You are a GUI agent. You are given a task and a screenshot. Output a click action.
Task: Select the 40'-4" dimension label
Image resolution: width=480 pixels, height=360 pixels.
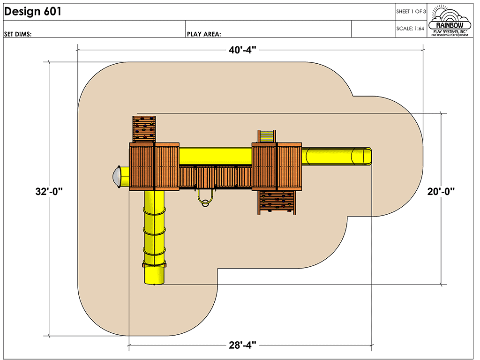pos(243,50)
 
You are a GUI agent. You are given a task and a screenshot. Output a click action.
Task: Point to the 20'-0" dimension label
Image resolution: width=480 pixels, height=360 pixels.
pos(441,191)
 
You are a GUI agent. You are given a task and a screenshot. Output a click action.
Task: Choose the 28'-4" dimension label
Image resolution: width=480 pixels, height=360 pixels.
pos(242,346)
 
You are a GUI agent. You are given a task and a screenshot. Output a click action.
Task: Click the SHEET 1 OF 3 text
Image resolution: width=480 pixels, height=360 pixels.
pos(411,11)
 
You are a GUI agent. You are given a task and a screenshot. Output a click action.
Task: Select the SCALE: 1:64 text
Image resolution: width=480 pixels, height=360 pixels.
pos(411,28)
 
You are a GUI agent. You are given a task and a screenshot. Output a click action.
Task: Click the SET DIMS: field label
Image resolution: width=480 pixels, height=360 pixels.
pos(18,34)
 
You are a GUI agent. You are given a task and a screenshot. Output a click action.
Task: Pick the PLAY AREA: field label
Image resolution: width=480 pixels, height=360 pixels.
pos(204,34)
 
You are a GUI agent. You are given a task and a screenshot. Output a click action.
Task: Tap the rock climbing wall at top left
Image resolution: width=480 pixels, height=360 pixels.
pos(144,128)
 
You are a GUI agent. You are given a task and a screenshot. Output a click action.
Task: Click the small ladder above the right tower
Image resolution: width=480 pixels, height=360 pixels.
pos(267,136)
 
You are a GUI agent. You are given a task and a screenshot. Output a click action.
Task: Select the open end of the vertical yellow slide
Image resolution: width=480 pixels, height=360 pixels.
pos(155,276)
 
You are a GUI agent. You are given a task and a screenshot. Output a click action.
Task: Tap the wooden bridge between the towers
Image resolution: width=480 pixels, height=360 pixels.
pos(216,177)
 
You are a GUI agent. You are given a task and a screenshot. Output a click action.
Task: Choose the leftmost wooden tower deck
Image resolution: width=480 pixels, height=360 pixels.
pos(142,167)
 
